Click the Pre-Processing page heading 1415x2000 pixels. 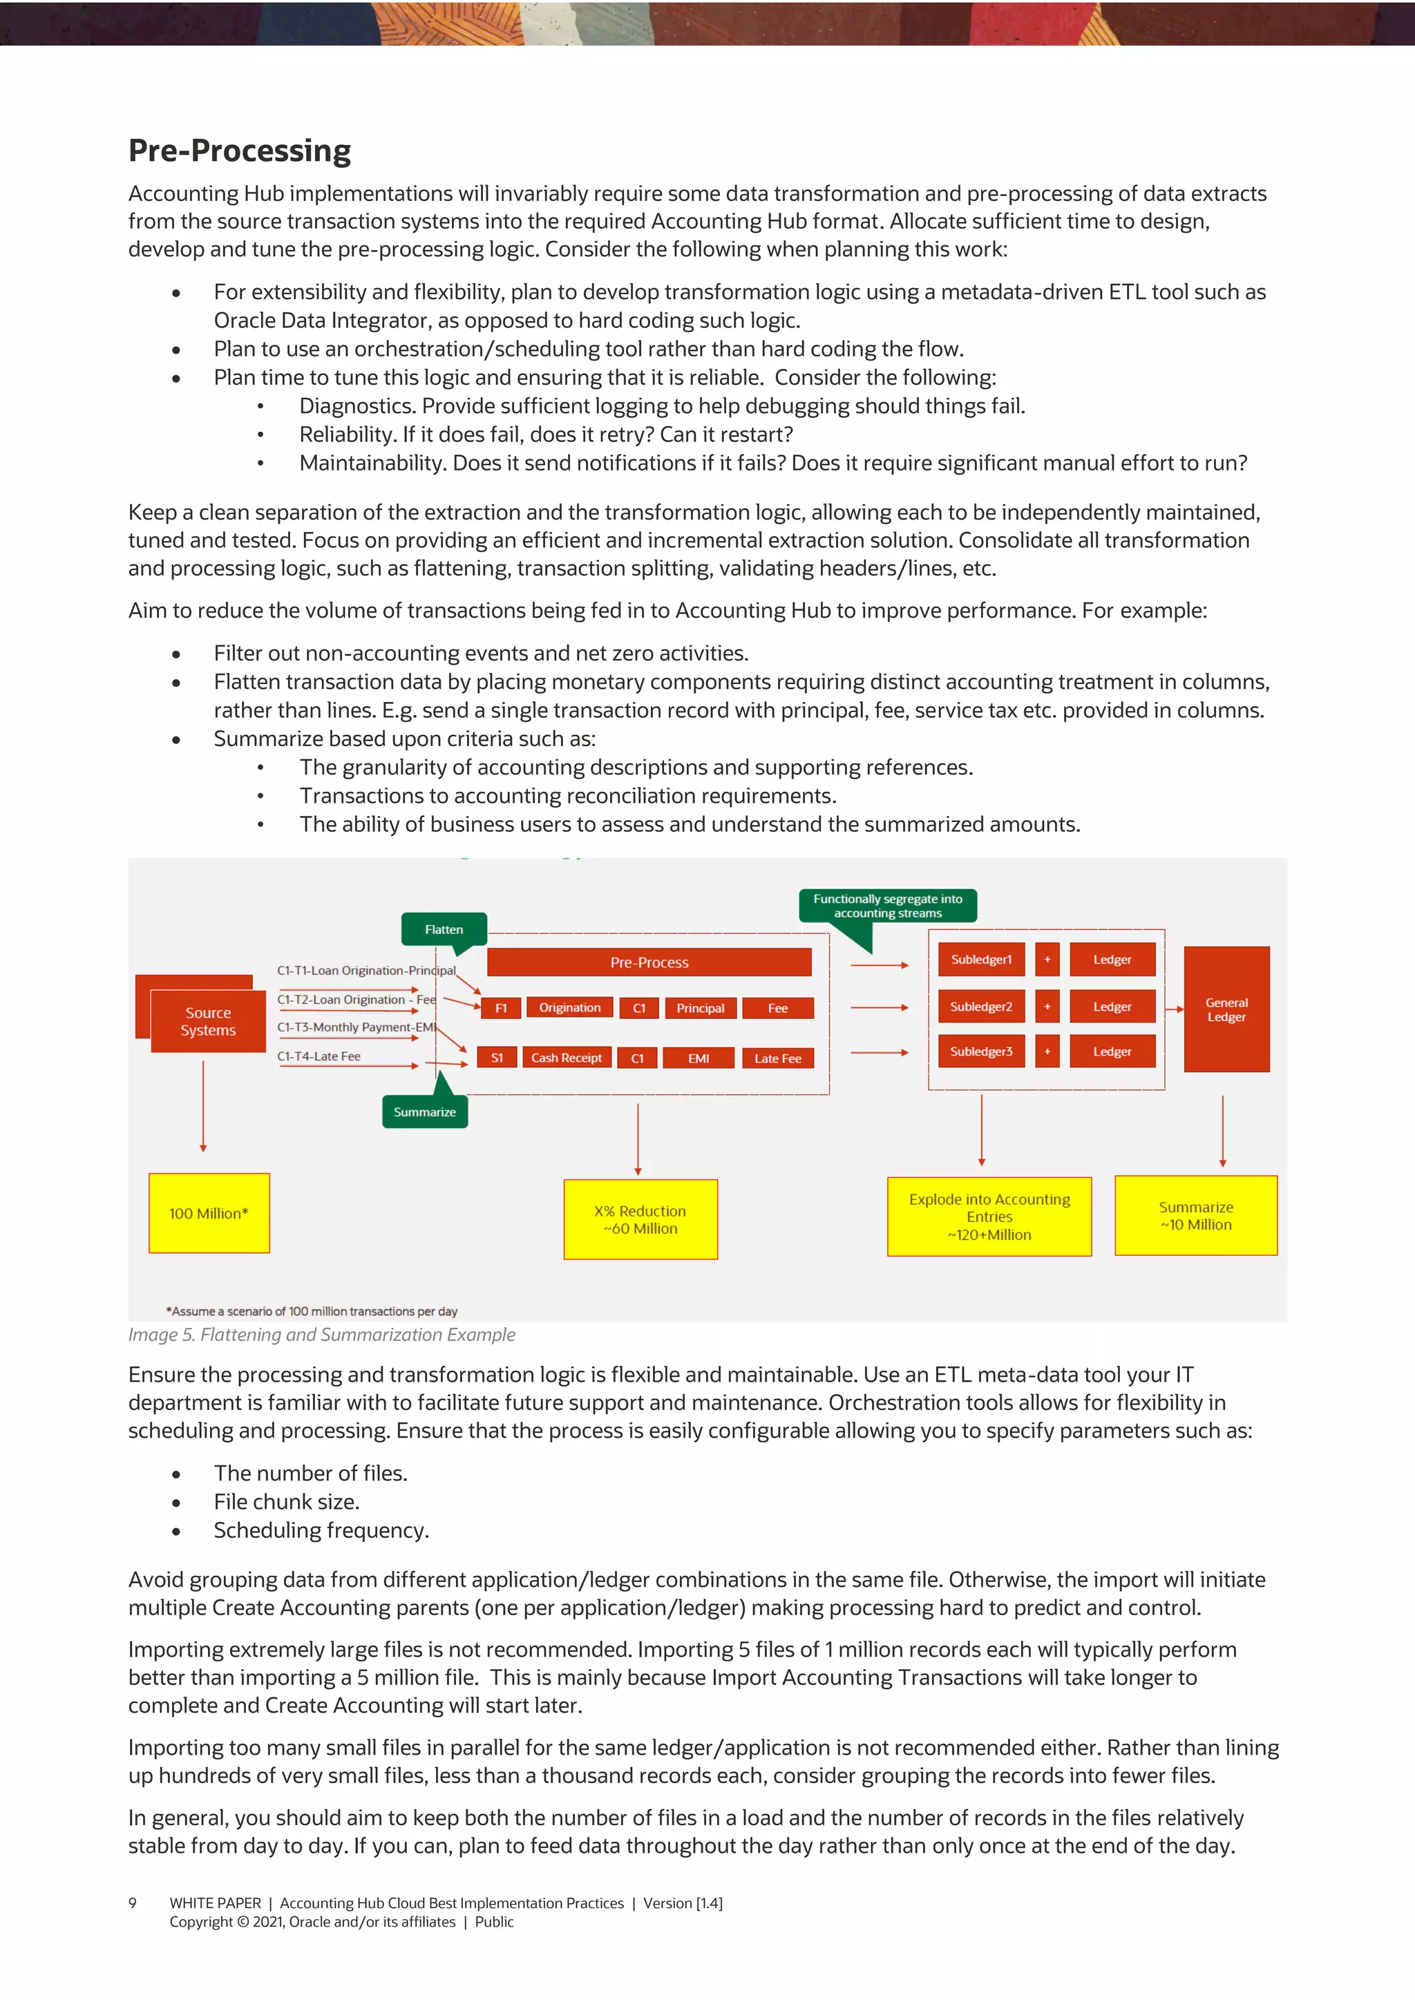(x=240, y=151)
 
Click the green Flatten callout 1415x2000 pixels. (x=444, y=929)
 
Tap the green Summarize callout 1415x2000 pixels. (x=424, y=1112)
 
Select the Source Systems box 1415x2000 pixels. (x=207, y=1021)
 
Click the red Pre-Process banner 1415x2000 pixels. (x=649, y=962)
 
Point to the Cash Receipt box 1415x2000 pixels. (x=567, y=1058)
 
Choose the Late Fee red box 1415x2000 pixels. (x=777, y=1058)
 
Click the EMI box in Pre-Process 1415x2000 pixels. (x=698, y=1058)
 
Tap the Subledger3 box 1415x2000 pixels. (x=981, y=1051)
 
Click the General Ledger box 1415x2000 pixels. (x=1226, y=1009)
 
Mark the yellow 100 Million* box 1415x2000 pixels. (x=209, y=1213)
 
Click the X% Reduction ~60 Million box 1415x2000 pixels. (x=640, y=1219)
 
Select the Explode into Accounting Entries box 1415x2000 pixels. (x=989, y=1216)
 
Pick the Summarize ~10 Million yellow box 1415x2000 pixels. (x=1195, y=1215)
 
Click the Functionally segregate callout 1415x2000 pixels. (x=887, y=906)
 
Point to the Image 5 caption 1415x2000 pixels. (x=321, y=1335)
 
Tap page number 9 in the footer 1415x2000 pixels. (x=133, y=1903)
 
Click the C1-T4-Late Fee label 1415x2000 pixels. (x=319, y=1056)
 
